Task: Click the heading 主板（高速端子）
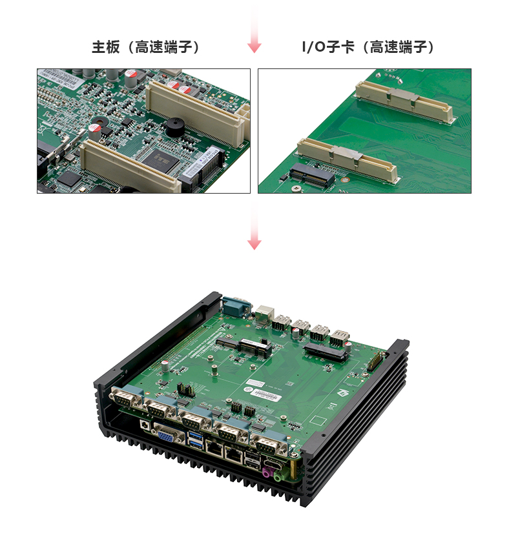[x=146, y=47]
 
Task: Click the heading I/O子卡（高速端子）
[x=368, y=47]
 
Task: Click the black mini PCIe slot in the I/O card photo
[x=311, y=175]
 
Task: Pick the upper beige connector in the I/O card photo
[x=404, y=102]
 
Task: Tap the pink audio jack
[x=267, y=472]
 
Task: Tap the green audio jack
[x=279, y=476]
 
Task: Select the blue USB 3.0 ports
[x=196, y=439]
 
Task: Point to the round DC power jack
[x=144, y=425]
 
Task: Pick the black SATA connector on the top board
[x=326, y=352]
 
